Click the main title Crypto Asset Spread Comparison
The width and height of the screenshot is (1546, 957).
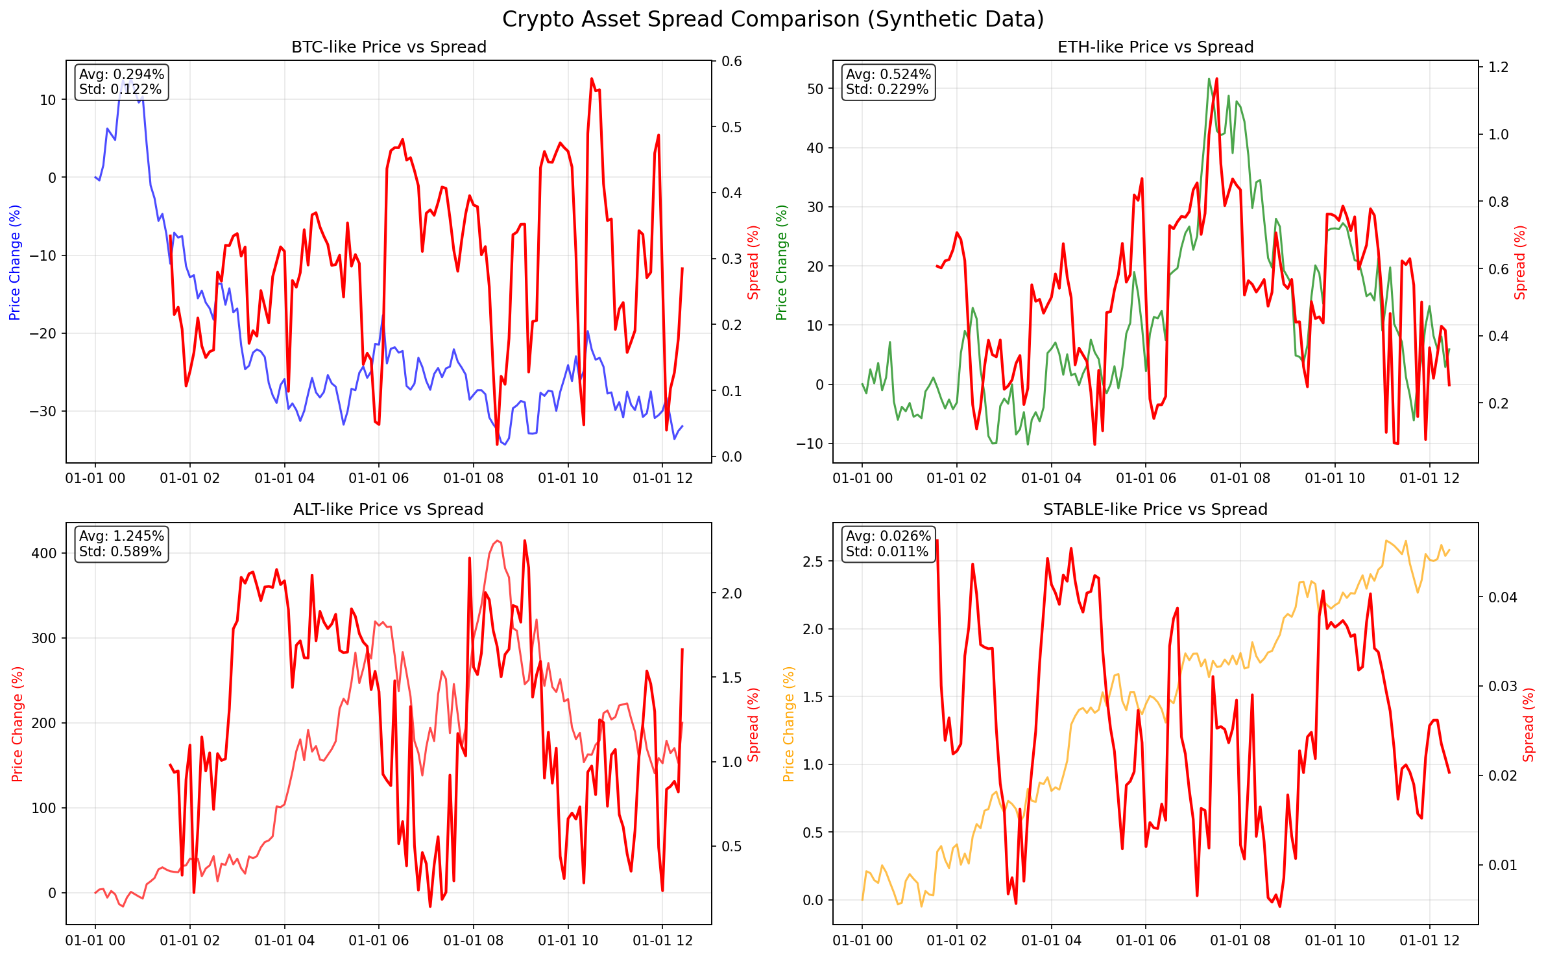point(773,19)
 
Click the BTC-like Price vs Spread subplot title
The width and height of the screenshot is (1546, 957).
point(389,47)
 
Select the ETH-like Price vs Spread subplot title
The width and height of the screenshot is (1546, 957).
point(1155,47)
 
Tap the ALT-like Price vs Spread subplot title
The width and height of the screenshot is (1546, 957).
point(388,510)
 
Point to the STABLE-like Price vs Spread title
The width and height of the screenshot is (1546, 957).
point(1155,510)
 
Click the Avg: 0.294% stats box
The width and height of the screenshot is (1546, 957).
point(121,82)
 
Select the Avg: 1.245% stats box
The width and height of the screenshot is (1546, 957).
point(121,544)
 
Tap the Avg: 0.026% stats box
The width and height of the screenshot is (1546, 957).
point(888,544)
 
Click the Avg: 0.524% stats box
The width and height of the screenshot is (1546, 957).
point(888,82)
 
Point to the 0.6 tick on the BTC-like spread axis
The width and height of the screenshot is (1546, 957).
point(732,62)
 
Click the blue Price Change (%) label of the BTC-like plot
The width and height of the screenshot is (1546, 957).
point(15,263)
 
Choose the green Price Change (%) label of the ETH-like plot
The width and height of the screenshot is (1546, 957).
point(782,263)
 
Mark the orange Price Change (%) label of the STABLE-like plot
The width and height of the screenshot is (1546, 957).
point(789,724)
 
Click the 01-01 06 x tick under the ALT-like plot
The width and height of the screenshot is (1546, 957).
point(379,941)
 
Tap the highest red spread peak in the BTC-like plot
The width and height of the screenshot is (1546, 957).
point(592,79)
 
